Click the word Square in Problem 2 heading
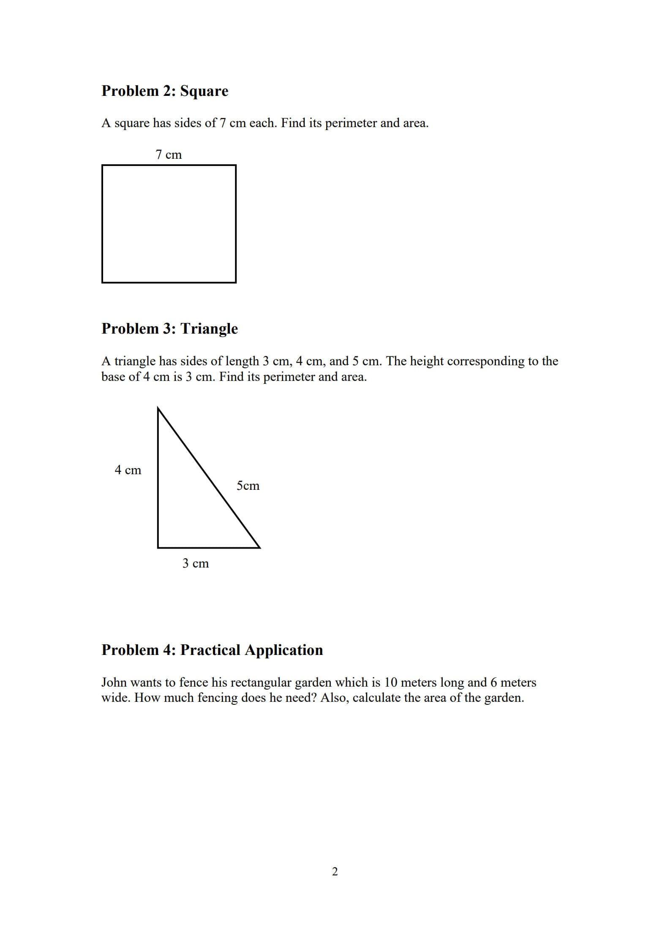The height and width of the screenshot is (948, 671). pyautogui.click(x=204, y=91)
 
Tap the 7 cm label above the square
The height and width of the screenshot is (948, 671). pyautogui.click(x=169, y=155)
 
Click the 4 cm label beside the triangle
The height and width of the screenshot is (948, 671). pyautogui.click(x=128, y=470)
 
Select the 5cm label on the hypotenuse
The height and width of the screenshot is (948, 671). pyautogui.click(x=248, y=486)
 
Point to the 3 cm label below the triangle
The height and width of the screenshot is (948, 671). pyautogui.click(x=195, y=563)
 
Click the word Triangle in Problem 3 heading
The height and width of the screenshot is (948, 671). pyautogui.click(x=209, y=329)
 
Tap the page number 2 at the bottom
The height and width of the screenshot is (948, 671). pyautogui.click(x=335, y=871)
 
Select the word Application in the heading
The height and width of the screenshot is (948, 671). pyautogui.click(x=284, y=650)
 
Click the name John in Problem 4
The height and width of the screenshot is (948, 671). pyautogui.click(x=114, y=682)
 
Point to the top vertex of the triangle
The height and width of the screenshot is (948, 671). pyautogui.click(x=158, y=408)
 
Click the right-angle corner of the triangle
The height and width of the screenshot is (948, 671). pyautogui.click(x=158, y=548)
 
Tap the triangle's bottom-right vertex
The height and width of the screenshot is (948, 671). pyautogui.click(x=259, y=548)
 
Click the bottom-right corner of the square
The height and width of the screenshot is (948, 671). pyautogui.click(x=235, y=282)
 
